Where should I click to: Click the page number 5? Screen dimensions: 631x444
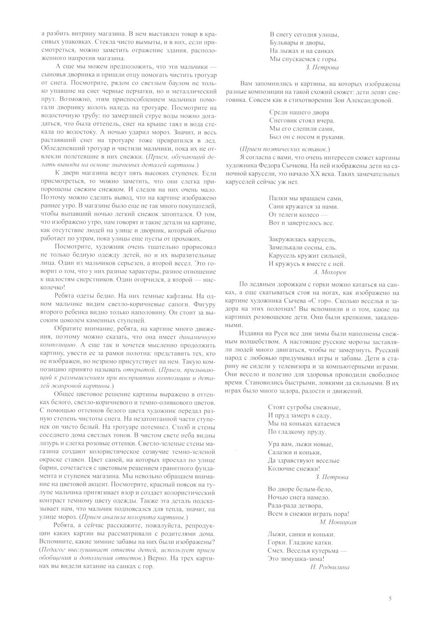[390, 598]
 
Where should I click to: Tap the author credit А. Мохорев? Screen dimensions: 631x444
[329, 271]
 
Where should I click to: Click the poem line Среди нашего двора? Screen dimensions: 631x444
[299, 112]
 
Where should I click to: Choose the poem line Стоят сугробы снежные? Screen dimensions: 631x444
[304, 407]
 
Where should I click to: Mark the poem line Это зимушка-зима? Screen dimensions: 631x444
[296, 559]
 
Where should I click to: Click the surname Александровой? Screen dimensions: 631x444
[367, 100]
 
